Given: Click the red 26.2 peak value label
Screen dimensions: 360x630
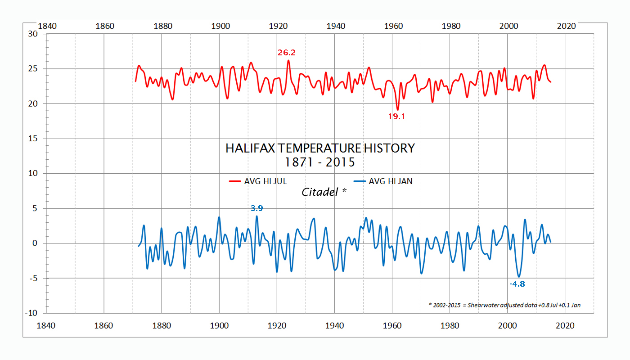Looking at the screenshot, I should [x=287, y=53].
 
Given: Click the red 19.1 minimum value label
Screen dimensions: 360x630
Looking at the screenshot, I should [x=397, y=116].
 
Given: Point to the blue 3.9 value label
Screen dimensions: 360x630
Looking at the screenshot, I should [x=256, y=208].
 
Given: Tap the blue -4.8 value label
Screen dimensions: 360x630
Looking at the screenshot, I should [x=517, y=284].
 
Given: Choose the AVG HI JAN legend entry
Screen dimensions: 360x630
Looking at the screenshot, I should [x=383, y=181].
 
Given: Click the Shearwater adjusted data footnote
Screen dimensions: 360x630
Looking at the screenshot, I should [x=504, y=305].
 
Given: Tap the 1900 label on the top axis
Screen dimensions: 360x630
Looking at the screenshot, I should [x=220, y=26].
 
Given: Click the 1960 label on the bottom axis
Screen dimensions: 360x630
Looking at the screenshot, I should [x=393, y=326].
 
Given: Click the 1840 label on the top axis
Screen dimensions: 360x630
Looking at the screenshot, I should [x=47, y=26].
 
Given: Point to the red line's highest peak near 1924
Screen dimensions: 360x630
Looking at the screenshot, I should [x=288, y=61].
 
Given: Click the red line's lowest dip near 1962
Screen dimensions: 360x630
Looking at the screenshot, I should [x=397, y=109].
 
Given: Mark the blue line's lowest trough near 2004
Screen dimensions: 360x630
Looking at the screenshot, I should [x=519, y=277].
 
